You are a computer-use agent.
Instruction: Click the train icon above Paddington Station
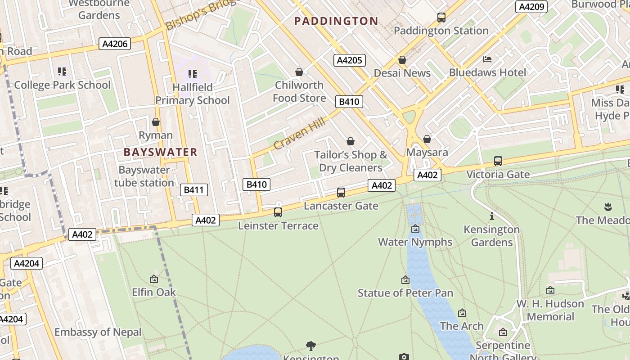[x=441, y=18]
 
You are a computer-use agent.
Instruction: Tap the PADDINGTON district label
[x=336, y=21]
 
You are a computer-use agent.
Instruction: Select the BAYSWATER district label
[x=161, y=152]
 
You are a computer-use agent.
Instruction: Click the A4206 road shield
[x=115, y=44]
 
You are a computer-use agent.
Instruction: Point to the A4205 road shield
[x=350, y=60]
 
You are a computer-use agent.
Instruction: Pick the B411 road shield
[x=194, y=190]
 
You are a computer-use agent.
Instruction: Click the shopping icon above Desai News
[x=402, y=60]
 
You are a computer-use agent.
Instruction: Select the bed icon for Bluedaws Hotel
[x=487, y=59]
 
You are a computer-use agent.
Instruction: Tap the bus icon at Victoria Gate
[x=498, y=161]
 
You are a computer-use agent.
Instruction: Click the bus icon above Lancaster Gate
[x=341, y=193]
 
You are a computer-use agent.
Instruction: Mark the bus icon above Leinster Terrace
[x=278, y=212]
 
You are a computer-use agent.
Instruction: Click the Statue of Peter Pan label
[x=405, y=293]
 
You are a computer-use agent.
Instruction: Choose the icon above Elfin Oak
[x=154, y=279]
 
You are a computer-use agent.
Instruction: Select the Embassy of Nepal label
[x=98, y=332]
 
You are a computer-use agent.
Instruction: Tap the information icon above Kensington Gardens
[x=491, y=216]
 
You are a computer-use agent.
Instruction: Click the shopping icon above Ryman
[x=156, y=122]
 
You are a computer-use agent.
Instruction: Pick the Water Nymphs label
[x=415, y=242]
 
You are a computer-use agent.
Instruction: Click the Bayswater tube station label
[x=144, y=176]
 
